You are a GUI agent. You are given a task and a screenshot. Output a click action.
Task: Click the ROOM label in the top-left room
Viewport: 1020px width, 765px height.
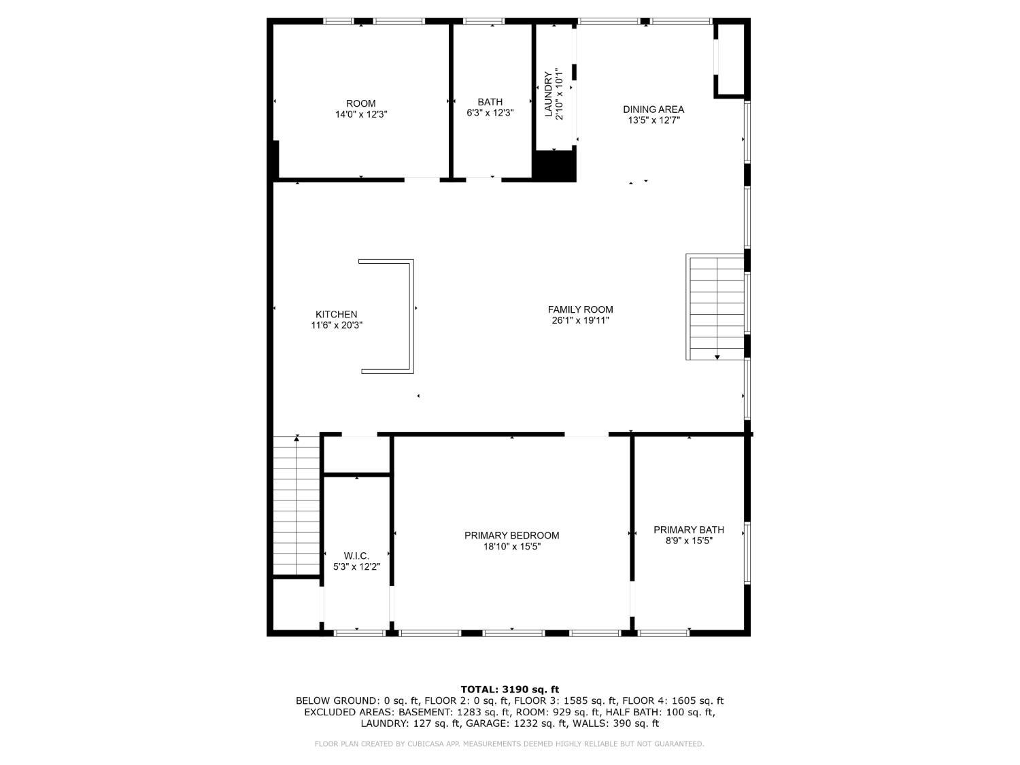coord(360,103)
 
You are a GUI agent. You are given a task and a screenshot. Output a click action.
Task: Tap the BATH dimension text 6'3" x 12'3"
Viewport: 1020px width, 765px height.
coord(490,113)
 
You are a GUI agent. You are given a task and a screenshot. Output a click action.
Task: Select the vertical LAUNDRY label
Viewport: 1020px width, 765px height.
coord(548,94)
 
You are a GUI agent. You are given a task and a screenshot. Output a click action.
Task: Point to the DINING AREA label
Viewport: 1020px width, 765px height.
coord(653,109)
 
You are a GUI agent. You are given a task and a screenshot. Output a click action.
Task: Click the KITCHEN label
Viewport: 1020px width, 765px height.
coord(337,314)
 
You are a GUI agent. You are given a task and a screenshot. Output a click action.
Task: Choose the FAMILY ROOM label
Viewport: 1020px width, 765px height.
coord(581,310)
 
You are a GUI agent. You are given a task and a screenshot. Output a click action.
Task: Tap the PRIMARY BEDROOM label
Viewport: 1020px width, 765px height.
coord(511,536)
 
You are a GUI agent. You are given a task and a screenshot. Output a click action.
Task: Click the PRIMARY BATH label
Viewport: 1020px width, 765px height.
coord(689,530)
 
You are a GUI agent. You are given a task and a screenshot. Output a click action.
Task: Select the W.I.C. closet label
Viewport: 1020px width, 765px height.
coord(356,556)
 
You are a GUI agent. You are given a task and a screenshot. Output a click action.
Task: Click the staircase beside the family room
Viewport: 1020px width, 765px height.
coord(715,307)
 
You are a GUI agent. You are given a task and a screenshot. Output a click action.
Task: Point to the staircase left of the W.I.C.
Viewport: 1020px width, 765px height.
coord(296,506)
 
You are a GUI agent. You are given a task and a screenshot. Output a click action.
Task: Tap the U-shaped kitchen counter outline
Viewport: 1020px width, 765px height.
coord(411,316)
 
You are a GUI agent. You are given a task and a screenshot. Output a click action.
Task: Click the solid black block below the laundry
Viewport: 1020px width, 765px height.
coord(554,165)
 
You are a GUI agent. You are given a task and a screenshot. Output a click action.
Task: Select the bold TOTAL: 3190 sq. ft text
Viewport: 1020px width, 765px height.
coord(510,690)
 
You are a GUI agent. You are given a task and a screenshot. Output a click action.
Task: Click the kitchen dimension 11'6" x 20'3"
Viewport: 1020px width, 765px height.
coord(337,326)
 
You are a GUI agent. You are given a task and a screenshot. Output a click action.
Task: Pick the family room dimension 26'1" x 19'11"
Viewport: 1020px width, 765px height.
coord(581,320)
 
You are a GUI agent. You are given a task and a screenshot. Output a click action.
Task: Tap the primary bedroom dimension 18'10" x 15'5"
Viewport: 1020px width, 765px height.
coord(511,547)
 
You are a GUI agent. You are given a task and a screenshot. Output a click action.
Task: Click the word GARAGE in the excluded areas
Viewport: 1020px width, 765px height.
coord(528,724)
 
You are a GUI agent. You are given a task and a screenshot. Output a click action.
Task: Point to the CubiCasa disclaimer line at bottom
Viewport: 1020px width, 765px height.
coord(509,744)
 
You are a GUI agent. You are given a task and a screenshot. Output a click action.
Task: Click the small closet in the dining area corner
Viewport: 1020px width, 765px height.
coord(731,59)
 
